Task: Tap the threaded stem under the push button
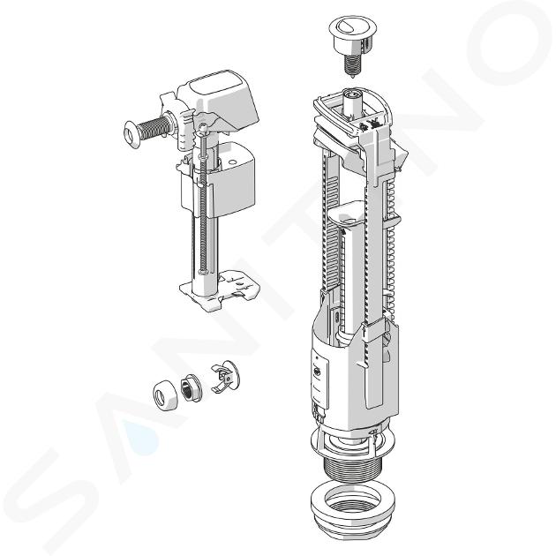click(352, 65)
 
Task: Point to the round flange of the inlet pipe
click(131, 134)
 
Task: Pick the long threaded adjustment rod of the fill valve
click(203, 199)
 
